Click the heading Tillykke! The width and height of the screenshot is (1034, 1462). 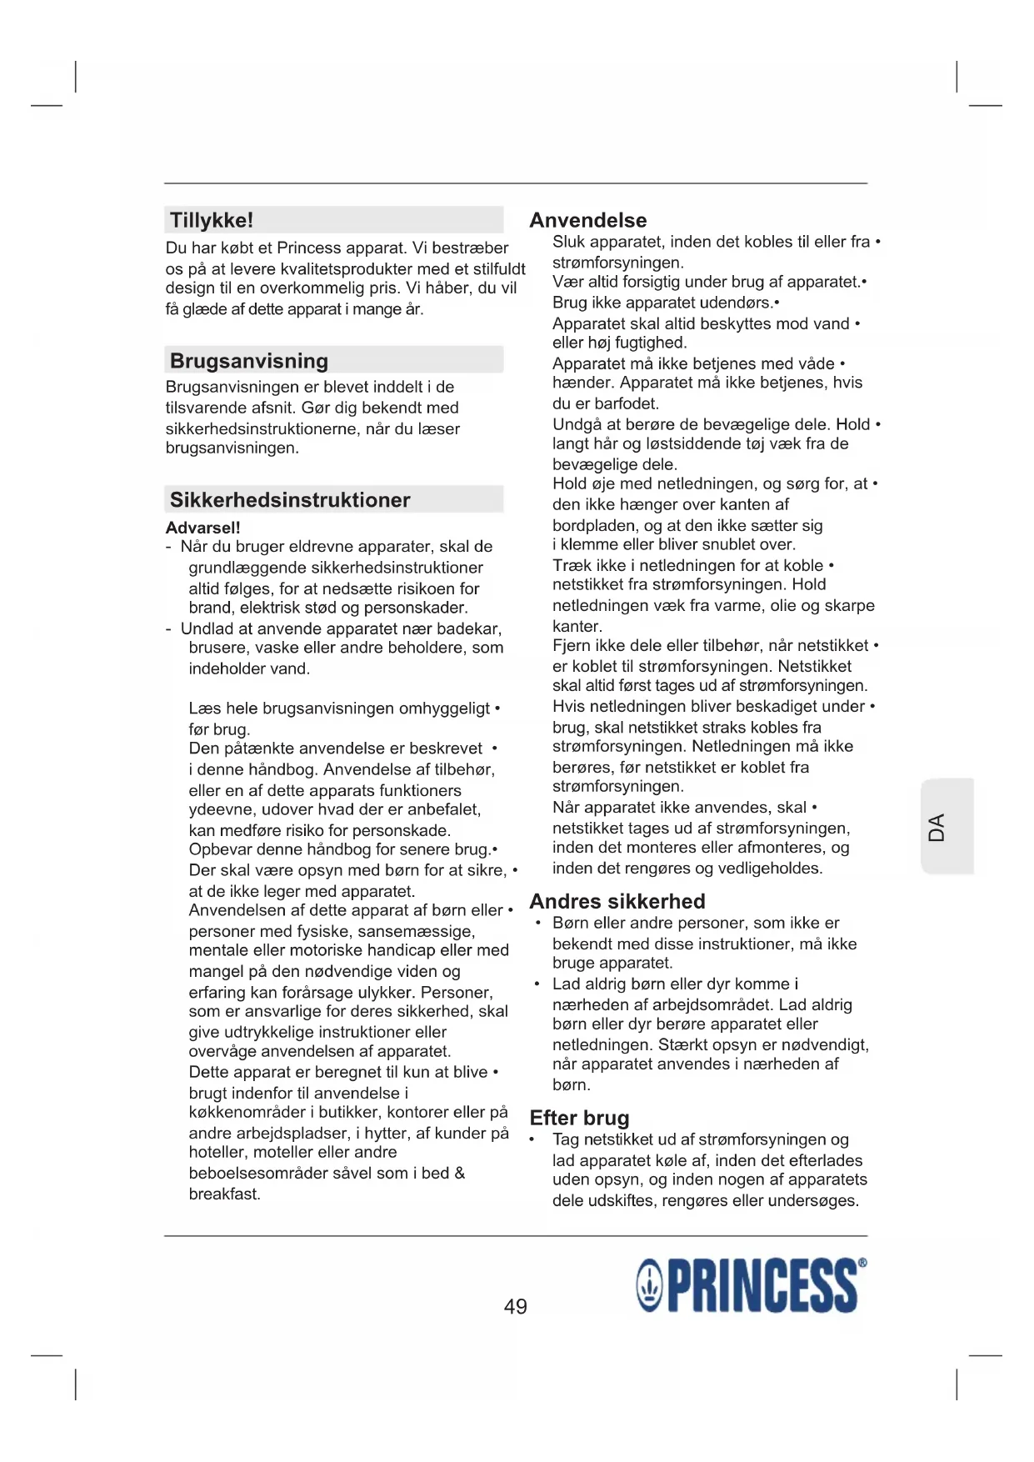[212, 220]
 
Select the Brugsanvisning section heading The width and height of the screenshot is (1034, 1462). [249, 361]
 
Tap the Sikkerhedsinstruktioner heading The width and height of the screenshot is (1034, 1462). [290, 500]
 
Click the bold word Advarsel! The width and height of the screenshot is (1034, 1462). [202, 528]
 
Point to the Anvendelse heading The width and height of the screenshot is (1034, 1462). [588, 220]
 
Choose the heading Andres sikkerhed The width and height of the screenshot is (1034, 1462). [617, 901]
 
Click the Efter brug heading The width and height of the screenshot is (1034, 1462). [579, 1118]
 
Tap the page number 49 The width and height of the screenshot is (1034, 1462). [516, 1306]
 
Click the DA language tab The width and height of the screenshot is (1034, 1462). [937, 827]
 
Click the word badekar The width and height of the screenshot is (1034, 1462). [470, 628]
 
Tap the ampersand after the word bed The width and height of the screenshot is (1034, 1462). [459, 1173]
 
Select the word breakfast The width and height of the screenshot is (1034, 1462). [223, 1194]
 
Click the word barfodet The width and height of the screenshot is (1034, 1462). [626, 403]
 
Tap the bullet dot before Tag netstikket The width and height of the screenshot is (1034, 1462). [532, 1139]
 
